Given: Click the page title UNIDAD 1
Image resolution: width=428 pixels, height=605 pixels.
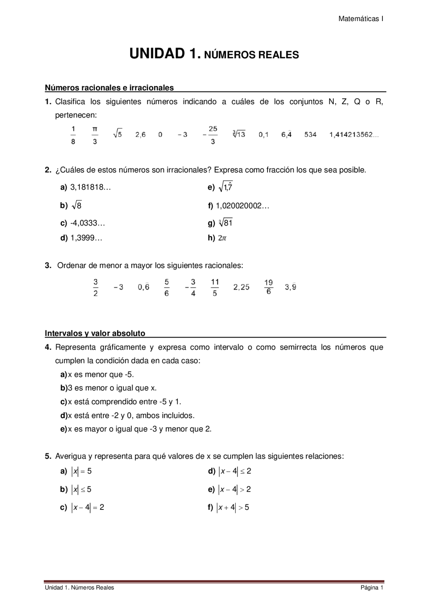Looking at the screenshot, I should pyautogui.click(x=166, y=54).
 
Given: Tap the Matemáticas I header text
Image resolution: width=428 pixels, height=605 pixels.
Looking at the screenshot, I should pyautogui.click(x=360, y=19).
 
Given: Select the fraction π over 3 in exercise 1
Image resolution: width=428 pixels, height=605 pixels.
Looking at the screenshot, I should pyautogui.click(x=95, y=135).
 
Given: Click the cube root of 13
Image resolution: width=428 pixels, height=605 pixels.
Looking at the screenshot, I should pyautogui.click(x=239, y=134).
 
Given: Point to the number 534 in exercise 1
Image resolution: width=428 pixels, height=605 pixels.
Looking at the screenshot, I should pyautogui.click(x=310, y=135).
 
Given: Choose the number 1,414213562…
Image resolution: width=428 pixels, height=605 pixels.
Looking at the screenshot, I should pyautogui.click(x=354, y=135).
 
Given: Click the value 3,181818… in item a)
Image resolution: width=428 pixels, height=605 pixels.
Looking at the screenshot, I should pyautogui.click(x=90, y=187).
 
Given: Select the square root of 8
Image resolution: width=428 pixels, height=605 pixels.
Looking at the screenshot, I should pyautogui.click(x=77, y=205).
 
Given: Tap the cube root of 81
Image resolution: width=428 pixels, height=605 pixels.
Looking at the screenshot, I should pyautogui.click(x=226, y=222).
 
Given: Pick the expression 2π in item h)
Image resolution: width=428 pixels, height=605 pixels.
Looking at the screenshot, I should pyautogui.click(x=222, y=238).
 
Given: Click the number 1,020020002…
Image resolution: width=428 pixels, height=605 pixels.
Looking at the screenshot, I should pyautogui.click(x=242, y=206).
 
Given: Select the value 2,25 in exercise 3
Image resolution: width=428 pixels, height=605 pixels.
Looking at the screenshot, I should pyautogui.click(x=241, y=287).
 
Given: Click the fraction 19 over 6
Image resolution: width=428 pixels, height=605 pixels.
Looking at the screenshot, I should pyautogui.click(x=269, y=287).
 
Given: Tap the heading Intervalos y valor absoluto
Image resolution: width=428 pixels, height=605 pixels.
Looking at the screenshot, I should pyautogui.click(x=95, y=333).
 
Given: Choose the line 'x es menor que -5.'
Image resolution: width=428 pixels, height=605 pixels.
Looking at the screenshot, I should pyautogui.click(x=101, y=374).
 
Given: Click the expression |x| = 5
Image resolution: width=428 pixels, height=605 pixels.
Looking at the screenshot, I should pyautogui.click(x=81, y=471).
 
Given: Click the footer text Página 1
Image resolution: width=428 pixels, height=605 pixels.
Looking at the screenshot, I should pyautogui.click(x=371, y=588).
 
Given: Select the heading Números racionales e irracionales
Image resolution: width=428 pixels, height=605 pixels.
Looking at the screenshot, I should pyautogui.click(x=109, y=88).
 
